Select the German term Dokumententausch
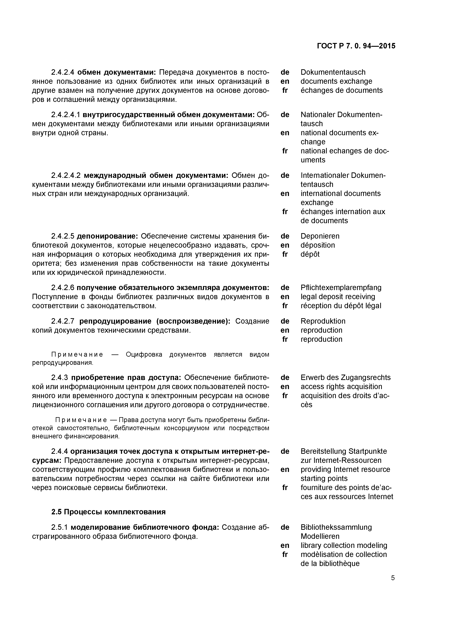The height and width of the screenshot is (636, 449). [x=333, y=72]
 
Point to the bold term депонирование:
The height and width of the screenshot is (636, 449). [x=107, y=236]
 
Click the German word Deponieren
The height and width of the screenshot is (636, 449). [x=320, y=236]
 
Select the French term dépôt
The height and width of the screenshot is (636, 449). [x=310, y=254]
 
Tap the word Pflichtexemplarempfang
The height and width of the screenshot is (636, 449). [x=341, y=288]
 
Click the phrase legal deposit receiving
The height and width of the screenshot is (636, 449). [x=338, y=297]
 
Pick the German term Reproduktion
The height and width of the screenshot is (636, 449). [x=323, y=321]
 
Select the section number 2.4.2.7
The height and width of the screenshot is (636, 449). [x=63, y=321]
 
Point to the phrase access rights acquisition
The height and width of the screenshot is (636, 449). [x=341, y=387]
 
